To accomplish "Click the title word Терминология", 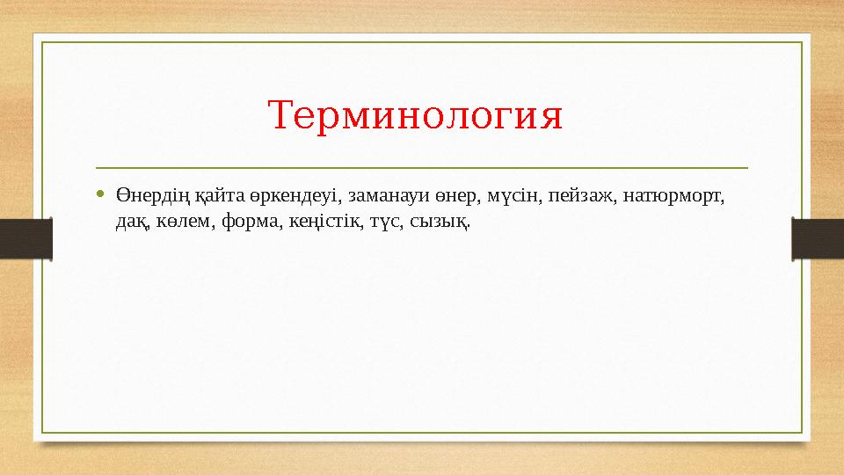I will tap(415, 116).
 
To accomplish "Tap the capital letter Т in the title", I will tap(279, 116).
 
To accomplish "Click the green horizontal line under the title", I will tap(422, 167).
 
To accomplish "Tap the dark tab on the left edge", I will tap(25, 238).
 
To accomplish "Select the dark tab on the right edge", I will tap(818, 238).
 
